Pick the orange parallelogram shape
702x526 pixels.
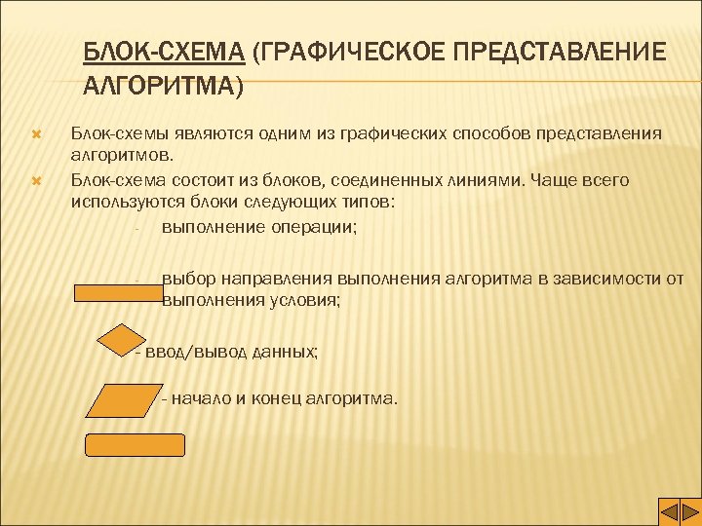120,399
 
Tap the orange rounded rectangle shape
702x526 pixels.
136,445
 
